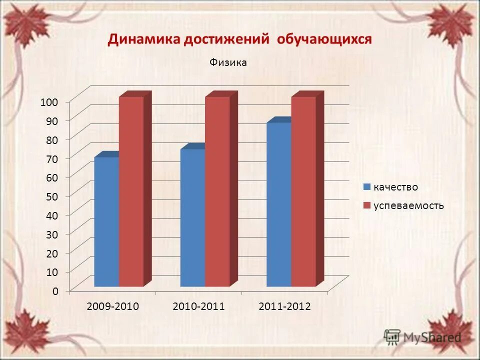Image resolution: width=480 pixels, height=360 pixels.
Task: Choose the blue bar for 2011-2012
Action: point(279,204)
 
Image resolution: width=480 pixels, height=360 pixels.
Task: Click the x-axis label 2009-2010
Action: point(112,306)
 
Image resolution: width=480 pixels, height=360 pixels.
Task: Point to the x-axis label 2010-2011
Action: point(198,306)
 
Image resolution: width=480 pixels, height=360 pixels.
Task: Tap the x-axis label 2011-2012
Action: point(285,306)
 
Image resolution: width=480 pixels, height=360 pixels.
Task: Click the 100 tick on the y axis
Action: point(49,101)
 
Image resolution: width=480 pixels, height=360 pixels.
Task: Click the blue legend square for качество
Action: point(366,187)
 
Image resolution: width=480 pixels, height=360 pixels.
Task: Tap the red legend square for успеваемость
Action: point(366,205)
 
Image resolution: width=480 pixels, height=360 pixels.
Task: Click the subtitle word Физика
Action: point(228,62)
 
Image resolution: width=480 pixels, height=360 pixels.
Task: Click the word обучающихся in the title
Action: point(324,39)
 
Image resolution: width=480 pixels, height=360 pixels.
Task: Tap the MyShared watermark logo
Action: point(422,336)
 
